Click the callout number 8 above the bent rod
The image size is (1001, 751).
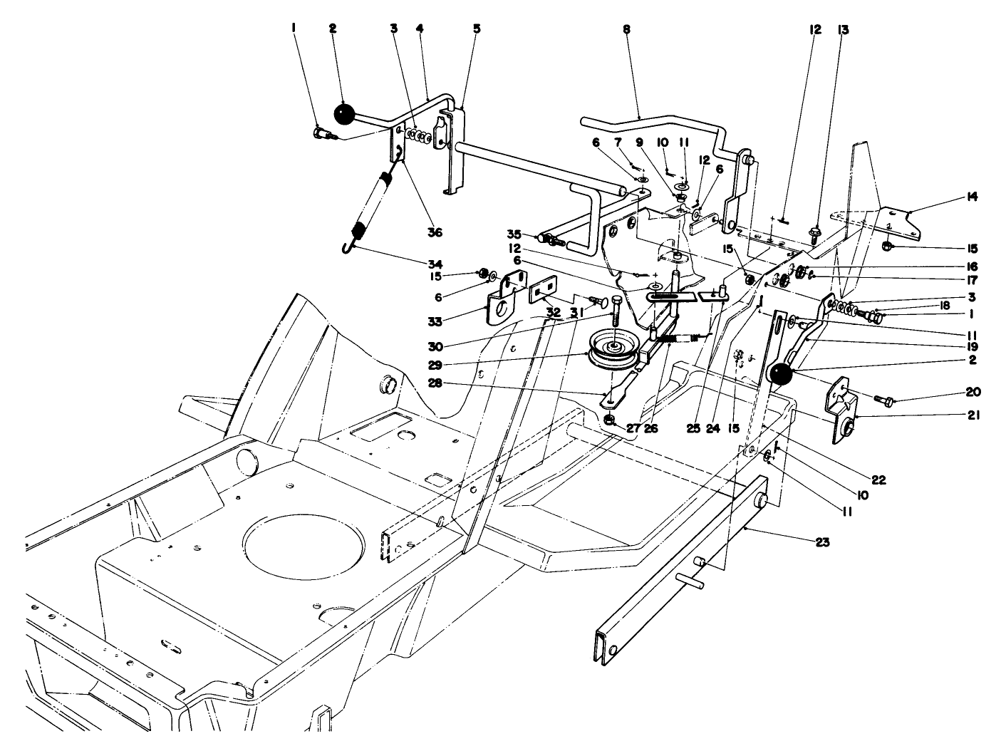pos(626,31)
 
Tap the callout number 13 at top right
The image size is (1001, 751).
pos(844,30)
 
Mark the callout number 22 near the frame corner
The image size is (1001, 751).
pos(878,480)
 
